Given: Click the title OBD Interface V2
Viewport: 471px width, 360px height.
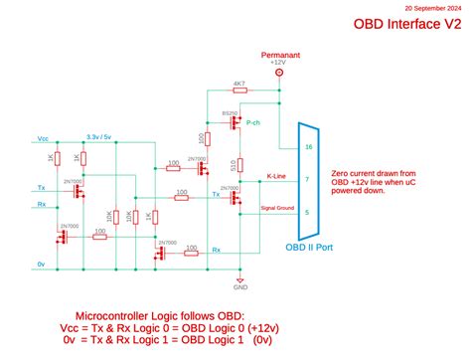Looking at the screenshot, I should click(x=407, y=24).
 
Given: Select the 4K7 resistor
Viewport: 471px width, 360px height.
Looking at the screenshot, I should click(x=238, y=90).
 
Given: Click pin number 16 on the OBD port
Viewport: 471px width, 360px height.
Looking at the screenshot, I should click(x=308, y=146).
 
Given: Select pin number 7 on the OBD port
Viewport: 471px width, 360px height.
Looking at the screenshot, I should click(x=308, y=179).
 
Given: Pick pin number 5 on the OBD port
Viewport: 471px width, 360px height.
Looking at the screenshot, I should click(x=308, y=212).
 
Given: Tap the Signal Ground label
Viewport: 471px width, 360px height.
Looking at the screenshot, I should click(x=276, y=208).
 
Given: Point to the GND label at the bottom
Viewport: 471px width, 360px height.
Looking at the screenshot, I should click(x=240, y=287).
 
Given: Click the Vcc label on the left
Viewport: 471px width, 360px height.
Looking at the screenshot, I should click(x=41, y=138).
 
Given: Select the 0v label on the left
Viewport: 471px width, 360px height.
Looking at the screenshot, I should click(x=41, y=264).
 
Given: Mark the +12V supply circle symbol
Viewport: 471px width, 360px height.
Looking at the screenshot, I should click(x=279, y=73).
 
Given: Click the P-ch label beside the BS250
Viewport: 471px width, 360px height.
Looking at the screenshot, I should click(x=253, y=122).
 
